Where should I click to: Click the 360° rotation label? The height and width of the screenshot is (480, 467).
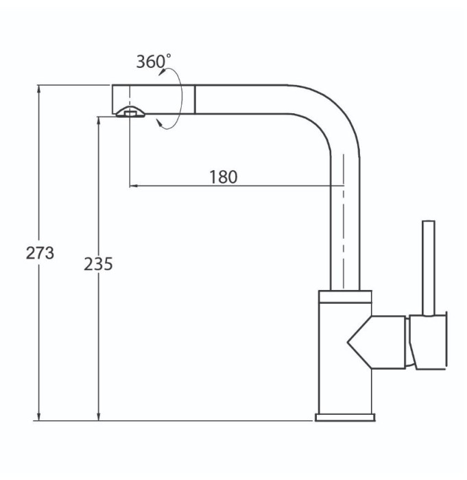154,61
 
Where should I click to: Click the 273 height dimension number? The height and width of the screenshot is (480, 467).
40,253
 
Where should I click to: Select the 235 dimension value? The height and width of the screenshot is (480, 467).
98,264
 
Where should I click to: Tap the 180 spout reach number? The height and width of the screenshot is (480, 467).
224,177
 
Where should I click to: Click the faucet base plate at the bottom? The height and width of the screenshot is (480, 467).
345,417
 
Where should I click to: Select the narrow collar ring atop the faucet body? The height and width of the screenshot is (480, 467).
345,296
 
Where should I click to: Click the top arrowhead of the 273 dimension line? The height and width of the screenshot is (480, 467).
38,88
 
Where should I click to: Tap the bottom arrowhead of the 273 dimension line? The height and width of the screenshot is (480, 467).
38,417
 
